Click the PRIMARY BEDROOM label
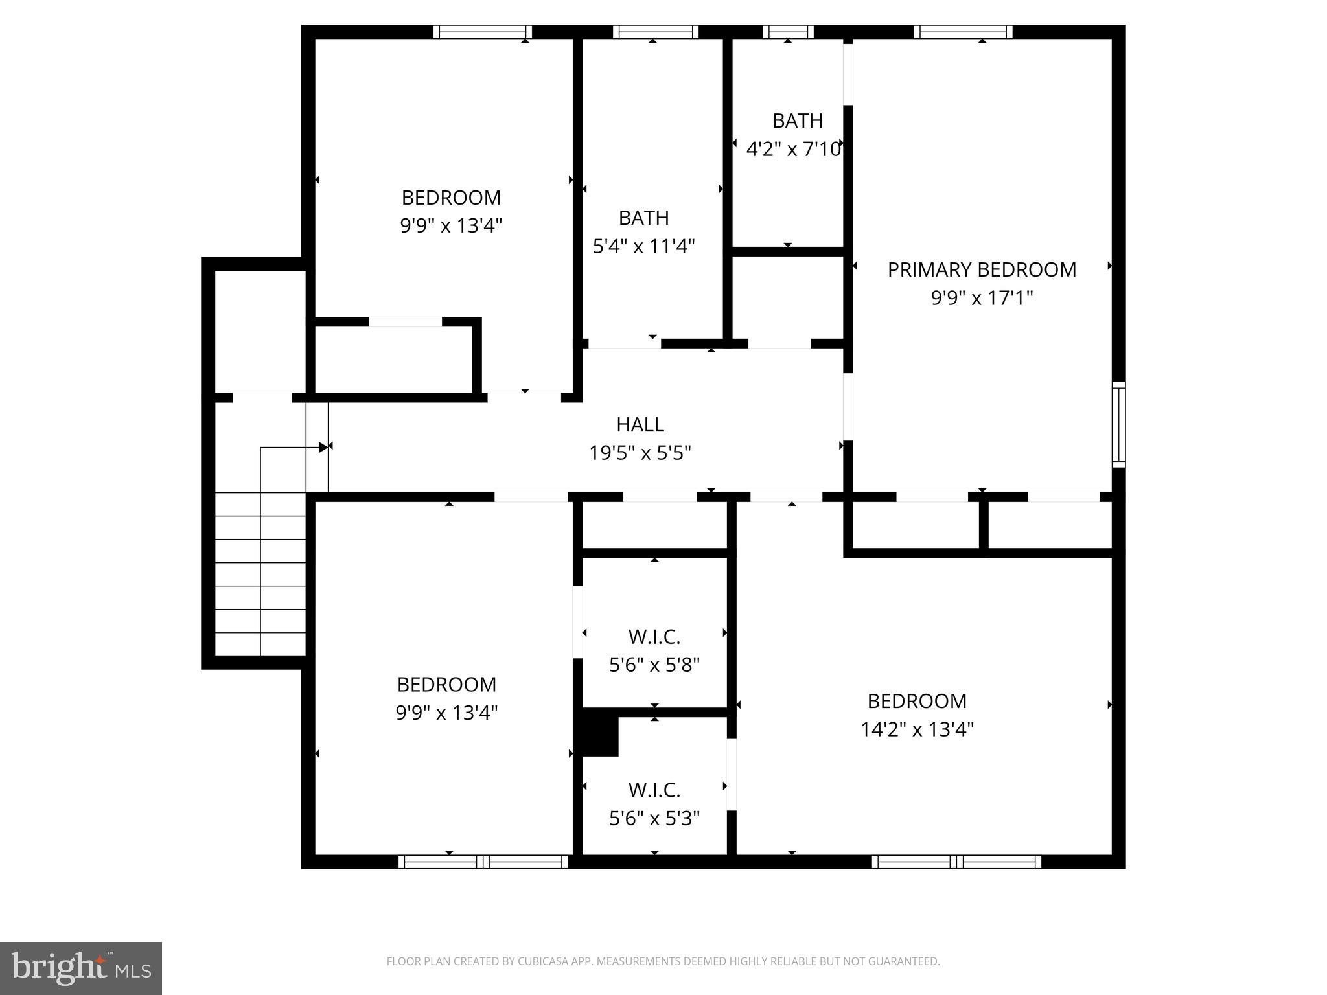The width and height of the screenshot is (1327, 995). point(981,269)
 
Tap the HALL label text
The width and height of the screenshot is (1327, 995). point(640,424)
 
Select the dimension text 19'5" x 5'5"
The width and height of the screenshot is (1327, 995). point(640,453)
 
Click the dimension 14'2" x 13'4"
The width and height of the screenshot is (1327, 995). point(916,730)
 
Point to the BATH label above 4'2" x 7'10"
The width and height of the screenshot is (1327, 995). point(797,120)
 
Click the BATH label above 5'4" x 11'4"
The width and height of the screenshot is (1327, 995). point(643,218)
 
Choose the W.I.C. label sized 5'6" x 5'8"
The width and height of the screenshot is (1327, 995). point(654,637)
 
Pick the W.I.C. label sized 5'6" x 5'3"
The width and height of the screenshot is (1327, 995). point(654,790)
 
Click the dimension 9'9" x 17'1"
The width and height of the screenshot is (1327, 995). point(981,298)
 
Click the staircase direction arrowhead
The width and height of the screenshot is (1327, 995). point(323,447)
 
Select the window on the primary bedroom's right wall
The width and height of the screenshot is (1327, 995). point(1118,424)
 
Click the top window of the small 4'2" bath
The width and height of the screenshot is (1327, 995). point(788,32)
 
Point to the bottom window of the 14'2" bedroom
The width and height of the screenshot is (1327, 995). point(956,862)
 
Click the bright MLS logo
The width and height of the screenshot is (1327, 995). point(81,968)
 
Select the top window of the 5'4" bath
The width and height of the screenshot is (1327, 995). point(655,32)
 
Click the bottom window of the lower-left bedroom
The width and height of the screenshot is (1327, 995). point(483,862)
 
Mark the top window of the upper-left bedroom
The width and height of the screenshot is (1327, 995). point(482,32)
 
